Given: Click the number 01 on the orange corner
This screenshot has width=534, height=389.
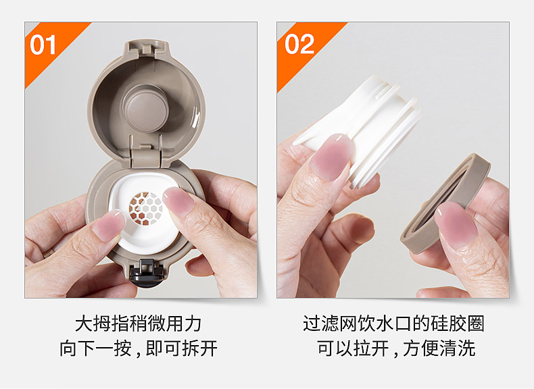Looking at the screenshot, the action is coord(43,45).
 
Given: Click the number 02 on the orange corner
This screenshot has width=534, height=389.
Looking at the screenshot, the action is coord(299,44).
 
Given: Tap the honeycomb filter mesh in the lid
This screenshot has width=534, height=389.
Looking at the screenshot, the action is coord(146,208).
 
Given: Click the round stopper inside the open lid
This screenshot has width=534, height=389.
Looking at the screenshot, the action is coord(146,108).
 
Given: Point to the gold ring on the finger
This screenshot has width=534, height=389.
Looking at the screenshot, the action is coord(48,253).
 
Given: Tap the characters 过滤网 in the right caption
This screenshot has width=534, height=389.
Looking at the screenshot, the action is coord(331,323).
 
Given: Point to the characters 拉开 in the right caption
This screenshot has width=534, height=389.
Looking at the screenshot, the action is coord(370,348).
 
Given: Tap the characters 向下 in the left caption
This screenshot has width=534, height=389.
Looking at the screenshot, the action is coord(78,348).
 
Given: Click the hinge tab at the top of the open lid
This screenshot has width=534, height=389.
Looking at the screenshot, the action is coord(147,49).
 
